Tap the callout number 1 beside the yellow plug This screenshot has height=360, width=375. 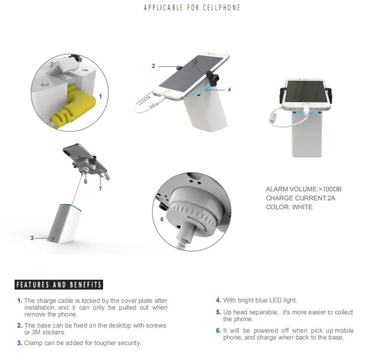(100, 97)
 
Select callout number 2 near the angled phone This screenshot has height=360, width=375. (153, 66)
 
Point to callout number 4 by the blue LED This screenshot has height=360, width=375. (229, 90)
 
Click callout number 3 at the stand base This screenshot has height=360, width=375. (32, 238)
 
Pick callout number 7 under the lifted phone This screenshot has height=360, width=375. (100, 189)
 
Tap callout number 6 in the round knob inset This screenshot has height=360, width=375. (162, 219)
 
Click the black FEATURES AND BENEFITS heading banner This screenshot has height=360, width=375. (59, 285)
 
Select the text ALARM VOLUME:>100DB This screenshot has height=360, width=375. (303, 189)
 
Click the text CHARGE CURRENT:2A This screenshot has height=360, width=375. (300, 198)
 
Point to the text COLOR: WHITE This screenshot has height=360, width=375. (289, 207)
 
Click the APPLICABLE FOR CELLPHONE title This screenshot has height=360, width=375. (192, 7)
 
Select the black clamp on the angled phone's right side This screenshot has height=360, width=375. (213, 78)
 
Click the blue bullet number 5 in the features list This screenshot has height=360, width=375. (218, 312)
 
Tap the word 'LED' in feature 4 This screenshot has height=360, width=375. (276, 300)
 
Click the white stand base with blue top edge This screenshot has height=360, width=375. (65, 224)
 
